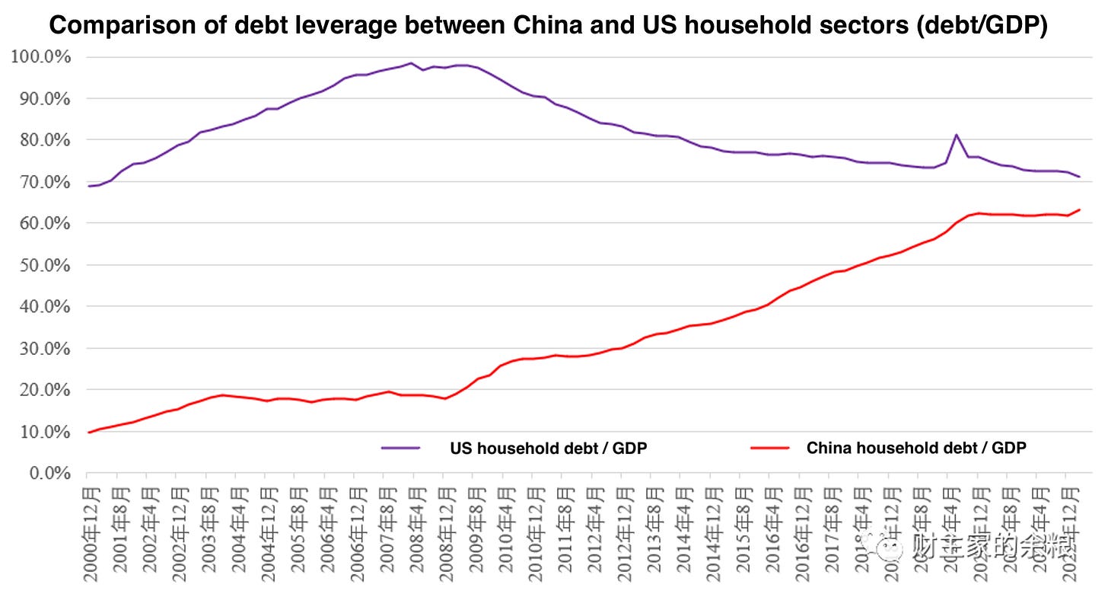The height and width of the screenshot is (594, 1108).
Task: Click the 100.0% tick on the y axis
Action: [x=40, y=57]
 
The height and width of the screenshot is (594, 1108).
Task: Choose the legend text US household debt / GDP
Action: [x=549, y=448]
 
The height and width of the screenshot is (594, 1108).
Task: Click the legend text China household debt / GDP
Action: [x=916, y=448]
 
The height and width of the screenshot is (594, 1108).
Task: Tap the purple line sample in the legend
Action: [x=401, y=448]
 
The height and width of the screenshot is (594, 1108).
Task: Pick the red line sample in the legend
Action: [x=769, y=448]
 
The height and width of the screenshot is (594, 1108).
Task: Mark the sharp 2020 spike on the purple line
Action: [x=956, y=136]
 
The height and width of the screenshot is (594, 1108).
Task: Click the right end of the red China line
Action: [x=1079, y=210]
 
